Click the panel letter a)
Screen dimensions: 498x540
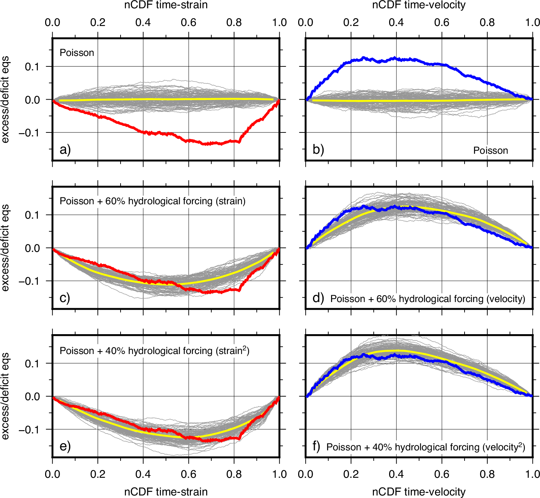coord(65,149)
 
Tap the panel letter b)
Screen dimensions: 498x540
coord(318,149)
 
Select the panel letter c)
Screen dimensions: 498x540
coord(65,298)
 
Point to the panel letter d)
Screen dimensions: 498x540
coord(318,298)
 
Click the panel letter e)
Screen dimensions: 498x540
coord(65,446)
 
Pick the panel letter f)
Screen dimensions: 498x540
coord(316,446)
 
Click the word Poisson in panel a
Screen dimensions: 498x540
coord(77,53)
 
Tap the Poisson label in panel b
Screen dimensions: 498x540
coord(491,150)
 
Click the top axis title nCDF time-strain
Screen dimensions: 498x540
coord(166,5)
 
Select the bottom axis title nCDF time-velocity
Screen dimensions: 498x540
coord(419,492)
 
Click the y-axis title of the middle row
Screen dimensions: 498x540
coord(5,248)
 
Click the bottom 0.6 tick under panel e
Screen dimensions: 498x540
coord(188,474)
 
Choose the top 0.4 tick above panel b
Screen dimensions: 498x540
coord(396,22)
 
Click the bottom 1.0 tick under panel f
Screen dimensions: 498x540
coord(532,474)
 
